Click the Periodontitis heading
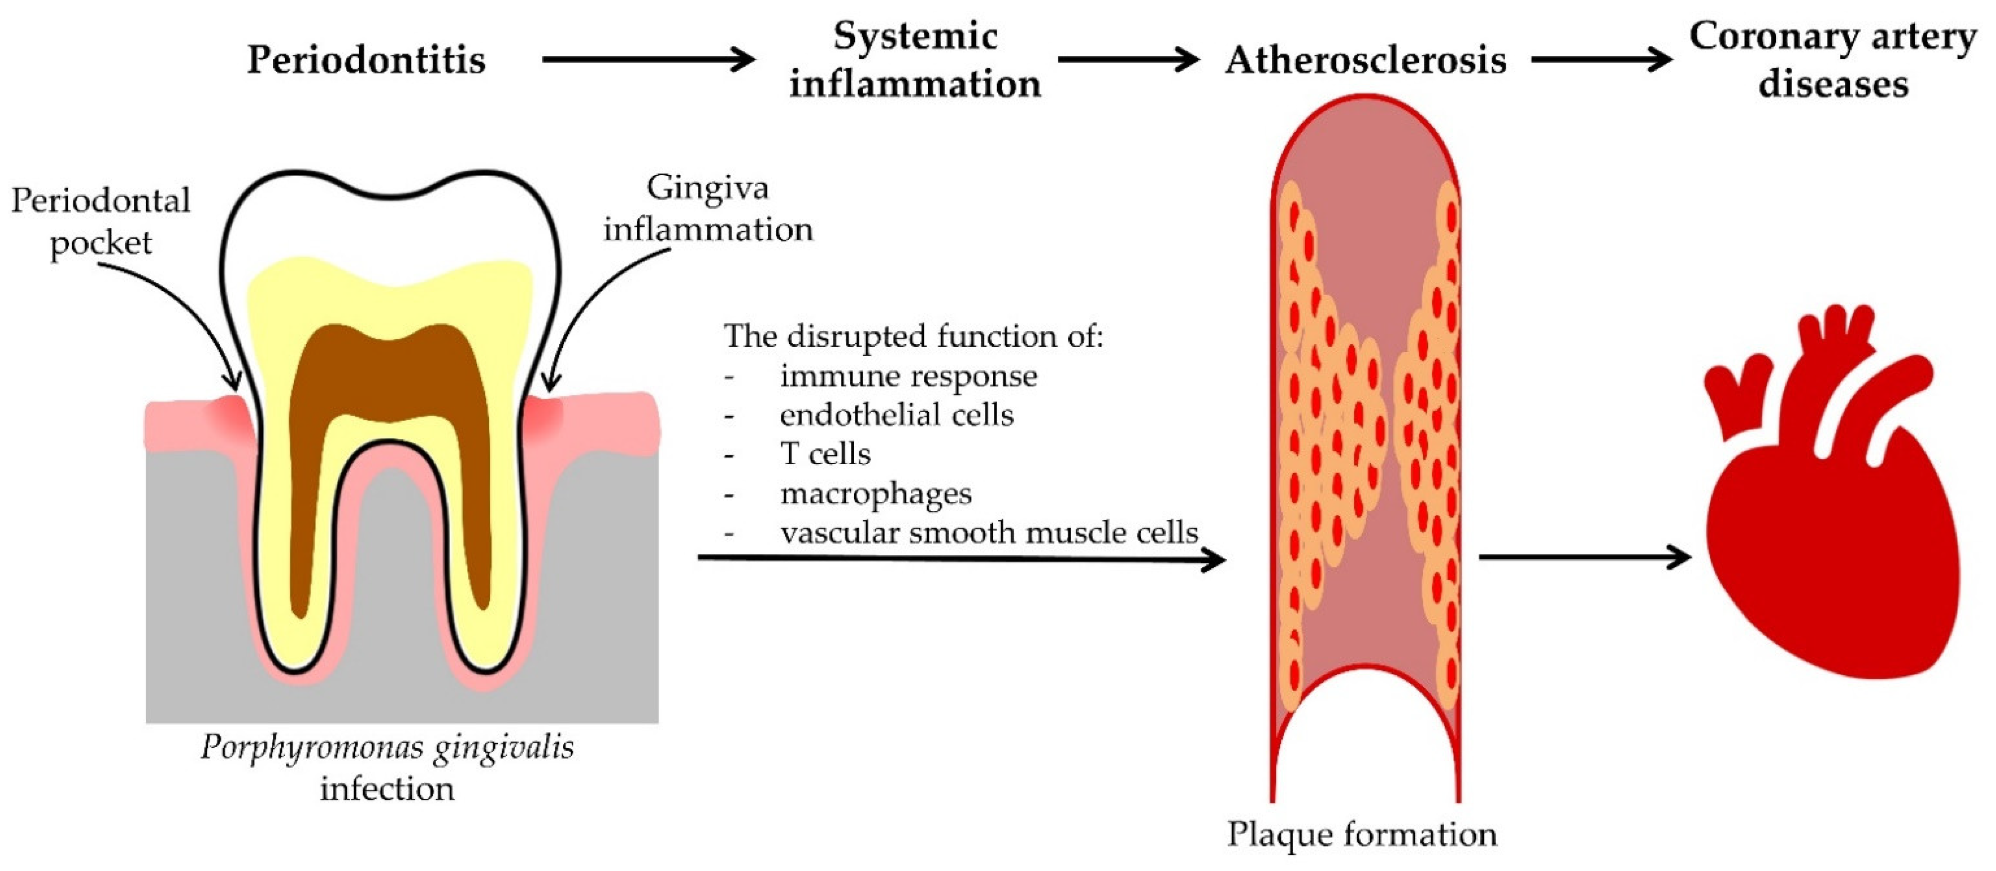(366, 60)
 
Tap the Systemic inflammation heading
(915, 60)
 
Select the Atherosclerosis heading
(1365, 60)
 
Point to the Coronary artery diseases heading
(1833, 60)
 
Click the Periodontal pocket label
(101, 222)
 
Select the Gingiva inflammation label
(708, 208)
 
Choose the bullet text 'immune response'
(908, 376)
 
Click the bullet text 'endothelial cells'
(897, 415)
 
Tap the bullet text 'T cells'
(825, 454)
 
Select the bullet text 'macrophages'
(876, 493)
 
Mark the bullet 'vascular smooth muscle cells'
(989, 532)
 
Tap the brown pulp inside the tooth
(391, 387)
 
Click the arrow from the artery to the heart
(1585, 557)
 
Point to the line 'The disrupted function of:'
(913, 336)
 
